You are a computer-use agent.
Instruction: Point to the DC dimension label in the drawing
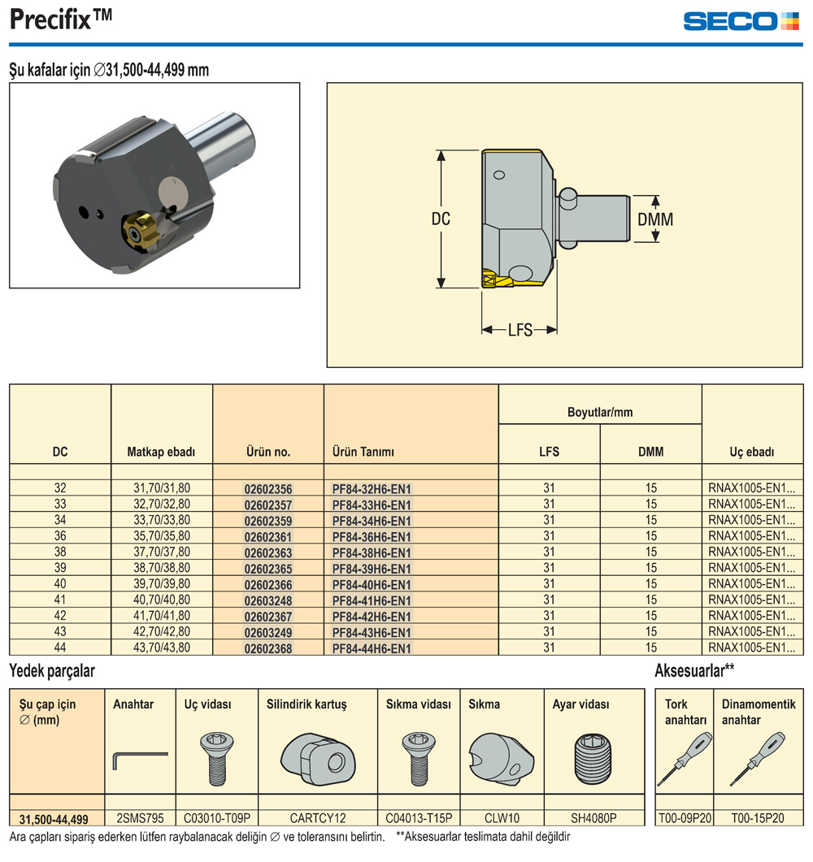[440, 219]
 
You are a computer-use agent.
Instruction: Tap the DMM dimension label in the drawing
[654, 219]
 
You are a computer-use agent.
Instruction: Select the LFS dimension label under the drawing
[520, 330]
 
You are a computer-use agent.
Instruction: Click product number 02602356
[267, 489]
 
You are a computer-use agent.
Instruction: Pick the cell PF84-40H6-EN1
[372, 585]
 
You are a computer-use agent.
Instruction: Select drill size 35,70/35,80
[161, 536]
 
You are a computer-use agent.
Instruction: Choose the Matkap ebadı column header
[161, 452]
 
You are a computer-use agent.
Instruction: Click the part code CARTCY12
[317, 818]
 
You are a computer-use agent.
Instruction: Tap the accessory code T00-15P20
[758, 818]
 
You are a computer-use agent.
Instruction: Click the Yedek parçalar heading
[52, 671]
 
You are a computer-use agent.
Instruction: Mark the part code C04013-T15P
[418, 818]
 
